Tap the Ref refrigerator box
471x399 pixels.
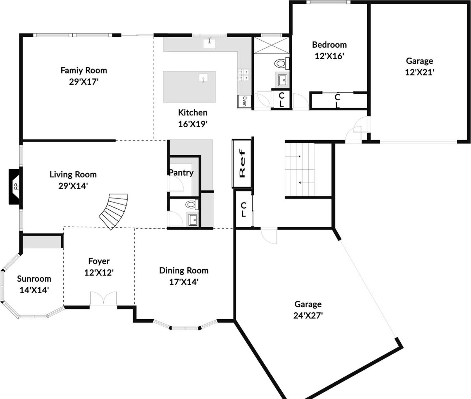[242, 163]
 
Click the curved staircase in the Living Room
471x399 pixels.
[114, 211]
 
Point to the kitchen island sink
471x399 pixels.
[203, 78]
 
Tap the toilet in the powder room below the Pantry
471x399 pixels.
[192, 204]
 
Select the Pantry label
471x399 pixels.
[181, 173]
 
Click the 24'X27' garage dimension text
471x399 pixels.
[308, 316]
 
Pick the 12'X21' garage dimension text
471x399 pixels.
[419, 72]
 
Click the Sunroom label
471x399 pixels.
[34, 279]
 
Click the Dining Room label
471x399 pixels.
[184, 271]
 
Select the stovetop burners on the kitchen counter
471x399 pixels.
[243, 74]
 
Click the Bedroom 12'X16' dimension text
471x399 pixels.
[329, 56]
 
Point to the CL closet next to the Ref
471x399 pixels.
[244, 209]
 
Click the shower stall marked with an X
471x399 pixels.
[271, 45]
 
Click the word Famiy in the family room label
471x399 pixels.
[71, 70]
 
